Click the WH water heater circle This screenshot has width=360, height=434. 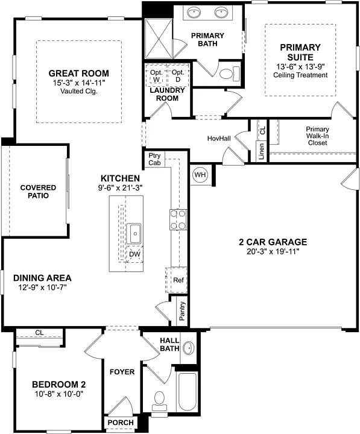pyautogui.click(x=200, y=175)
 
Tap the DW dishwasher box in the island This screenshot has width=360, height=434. pyautogui.click(x=135, y=254)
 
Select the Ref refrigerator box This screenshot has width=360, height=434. pyautogui.click(x=178, y=280)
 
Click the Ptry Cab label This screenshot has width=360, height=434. pyautogui.click(x=154, y=159)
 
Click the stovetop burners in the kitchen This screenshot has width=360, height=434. pyautogui.click(x=178, y=219)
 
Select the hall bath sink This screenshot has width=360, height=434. pyautogui.click(x=189, y=348)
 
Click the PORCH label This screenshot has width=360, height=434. pyautogui.click(x=120, y=423)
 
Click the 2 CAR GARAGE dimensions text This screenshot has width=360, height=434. pyautogui.click(x=273, y=251)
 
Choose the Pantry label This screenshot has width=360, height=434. pyautogui.click(x=182, y=312)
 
